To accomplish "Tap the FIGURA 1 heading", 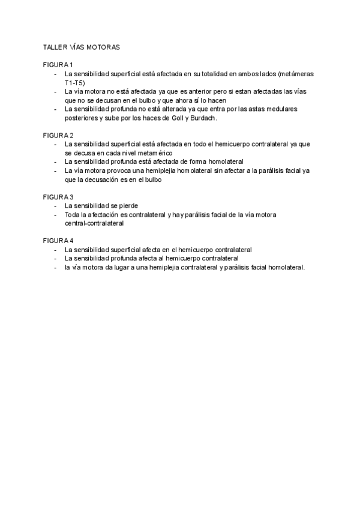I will tap(58, 64).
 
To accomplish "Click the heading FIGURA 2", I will tap(58, 134).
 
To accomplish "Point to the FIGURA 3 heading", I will tap(58, 196).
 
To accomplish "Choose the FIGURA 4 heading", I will tap(58, 240).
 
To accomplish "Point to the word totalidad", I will tap(206, 73).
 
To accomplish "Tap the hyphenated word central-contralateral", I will tap(94, 223).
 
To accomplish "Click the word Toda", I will tap(72, 214).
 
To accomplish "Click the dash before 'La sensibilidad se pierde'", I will tap(55, 205).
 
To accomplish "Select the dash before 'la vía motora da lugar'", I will tap(55, 267).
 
